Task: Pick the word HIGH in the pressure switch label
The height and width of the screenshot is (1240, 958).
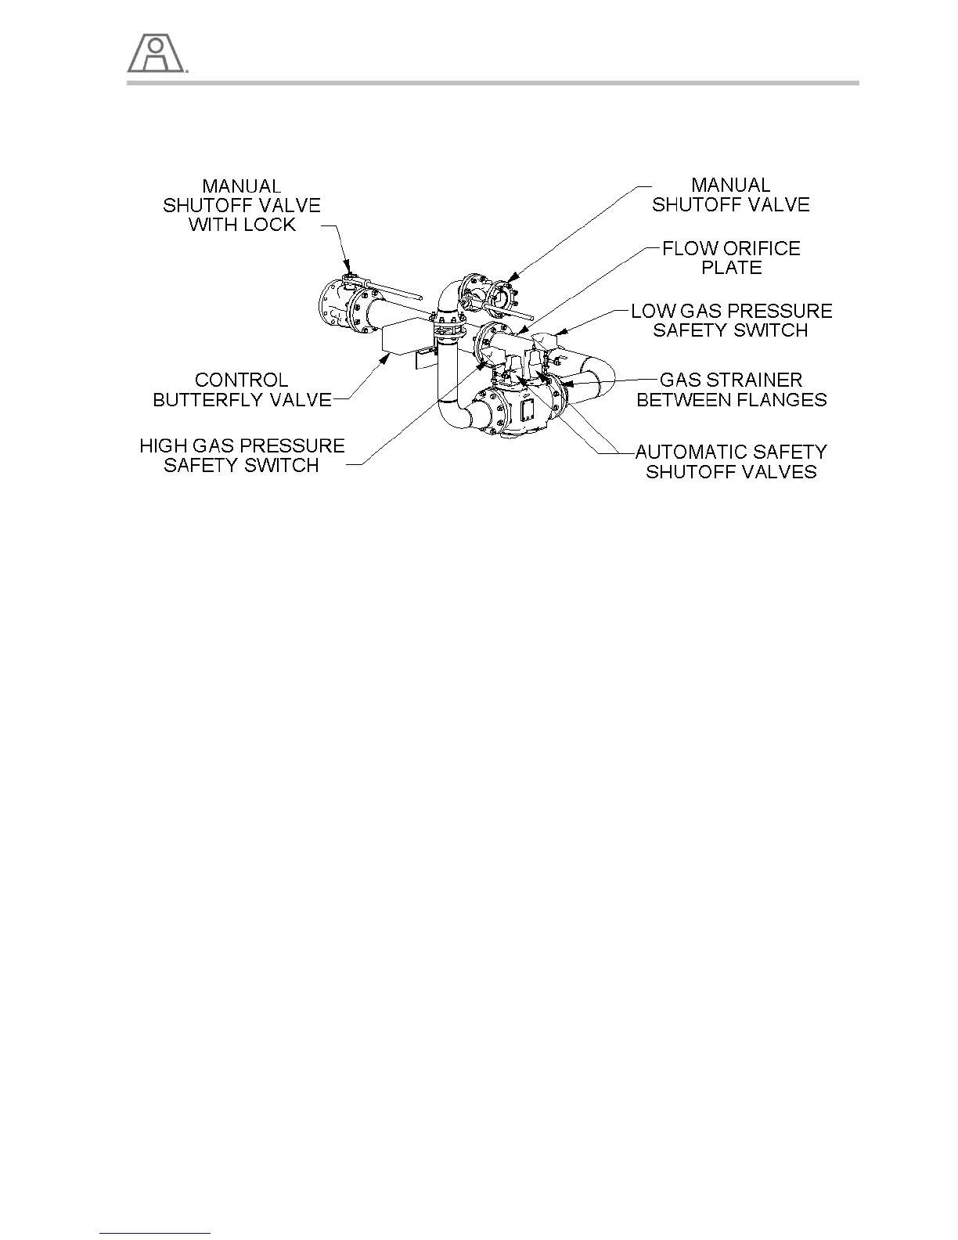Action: (159, 446)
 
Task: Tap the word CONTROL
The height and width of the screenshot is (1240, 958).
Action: (241, 380)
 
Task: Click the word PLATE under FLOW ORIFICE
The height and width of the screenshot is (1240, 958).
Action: (731, 268)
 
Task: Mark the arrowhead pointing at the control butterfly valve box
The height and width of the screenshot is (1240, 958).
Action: (385, 358)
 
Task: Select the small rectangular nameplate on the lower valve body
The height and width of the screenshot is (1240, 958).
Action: (527, 410)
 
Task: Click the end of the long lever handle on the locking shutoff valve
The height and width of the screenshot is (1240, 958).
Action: (422, 298)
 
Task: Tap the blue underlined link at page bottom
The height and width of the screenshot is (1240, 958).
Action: (156, 1233)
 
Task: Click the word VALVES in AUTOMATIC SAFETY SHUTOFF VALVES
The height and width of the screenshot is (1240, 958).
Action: (785, 472)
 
